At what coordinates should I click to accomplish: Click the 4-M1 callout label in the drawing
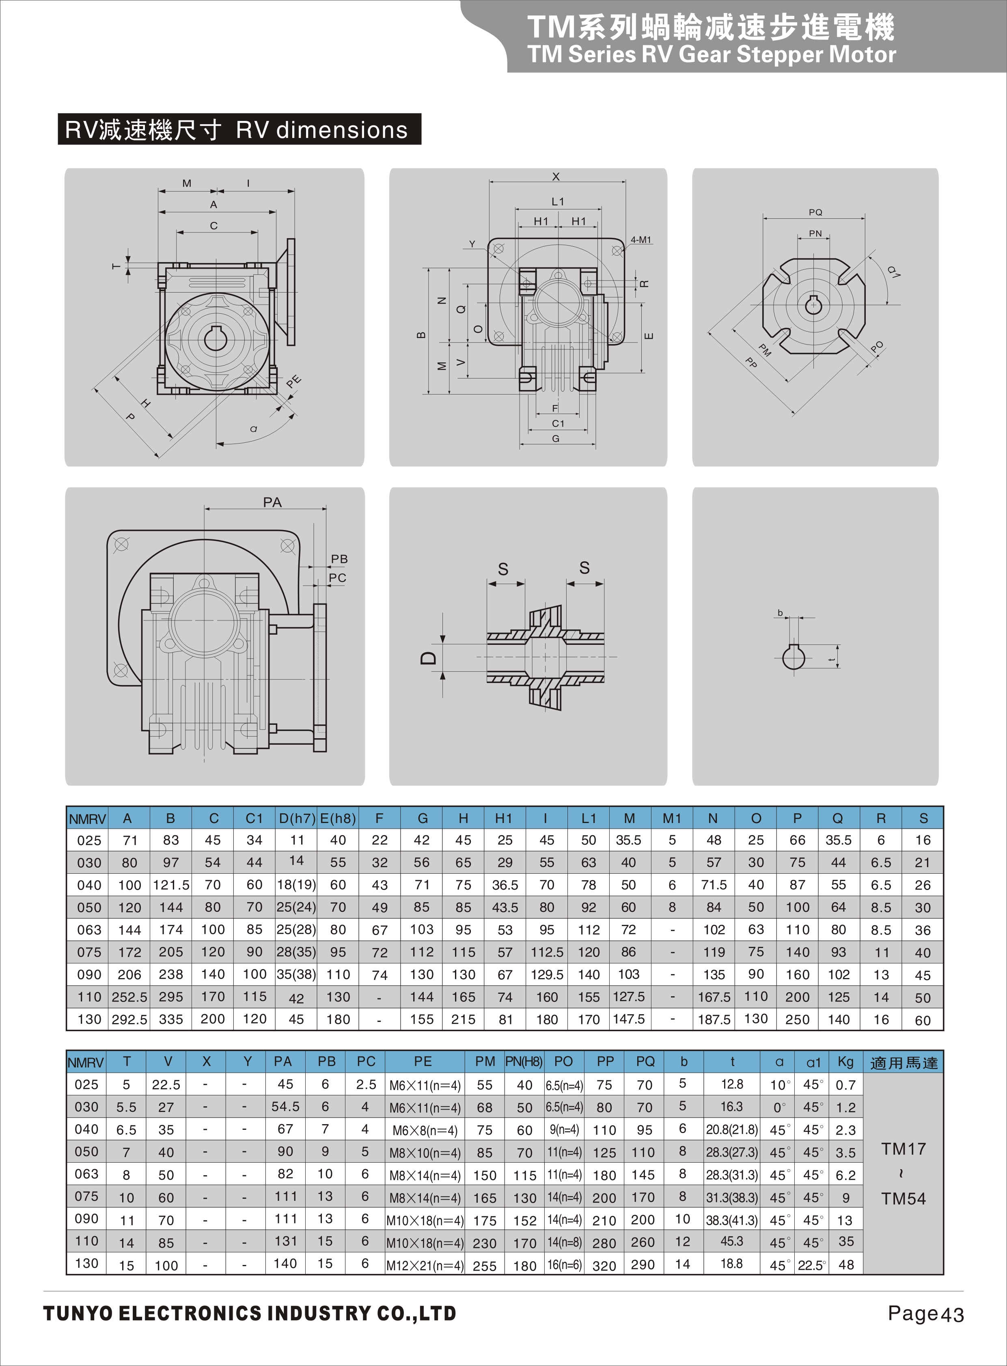click(x=640, y=240)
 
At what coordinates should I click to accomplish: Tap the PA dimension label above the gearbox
click(x=272, y=502)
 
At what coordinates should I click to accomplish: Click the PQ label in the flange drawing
click(x=815, y=212)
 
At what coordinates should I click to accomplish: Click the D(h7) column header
click(x=297, y=819)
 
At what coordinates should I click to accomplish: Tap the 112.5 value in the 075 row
click(x=547, y=952)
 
